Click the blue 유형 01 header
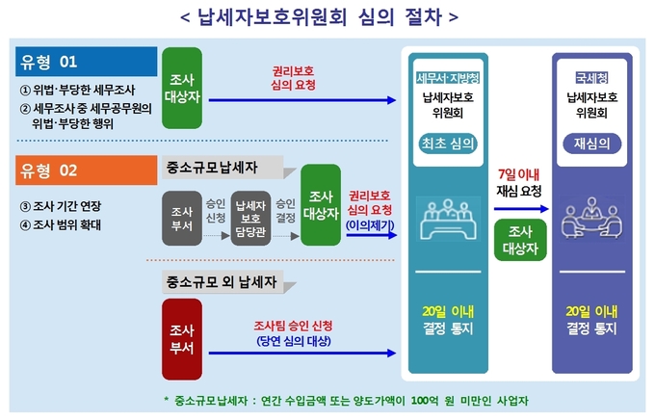point(86,62)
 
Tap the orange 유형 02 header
point(86,171)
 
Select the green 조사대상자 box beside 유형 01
point(182,88)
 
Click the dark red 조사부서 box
point(182,339)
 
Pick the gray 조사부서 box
point(182,218)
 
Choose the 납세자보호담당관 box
point(250,218)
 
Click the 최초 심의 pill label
point(448,144)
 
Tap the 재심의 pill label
point(592,144)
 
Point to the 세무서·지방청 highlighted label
point(448,78)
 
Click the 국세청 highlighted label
point(592,78)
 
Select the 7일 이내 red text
point(519,174)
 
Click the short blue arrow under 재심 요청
point(521,208)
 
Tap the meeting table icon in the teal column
point(448,219)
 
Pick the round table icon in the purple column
point(592,218)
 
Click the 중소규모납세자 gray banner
point(223,168)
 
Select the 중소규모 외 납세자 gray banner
point(223,281)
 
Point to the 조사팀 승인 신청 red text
point(293,326)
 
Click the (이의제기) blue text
point(370,225)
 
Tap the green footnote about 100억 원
point(347,401)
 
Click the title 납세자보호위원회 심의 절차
point(320,17)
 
